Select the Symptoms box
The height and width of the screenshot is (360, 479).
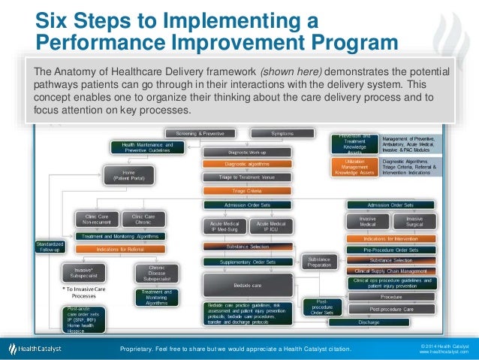click(x=282, y=133)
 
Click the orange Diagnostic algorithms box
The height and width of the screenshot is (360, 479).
click(x=236, y=164)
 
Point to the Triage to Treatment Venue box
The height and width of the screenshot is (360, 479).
click(x=236, y=177)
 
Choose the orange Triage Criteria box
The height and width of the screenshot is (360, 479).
click(x=236, y=191)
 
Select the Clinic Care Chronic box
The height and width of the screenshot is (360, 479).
click(x=138, y=219)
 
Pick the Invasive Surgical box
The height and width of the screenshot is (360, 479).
click(x=414, y=221)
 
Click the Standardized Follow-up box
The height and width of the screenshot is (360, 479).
click(x=50, y=247)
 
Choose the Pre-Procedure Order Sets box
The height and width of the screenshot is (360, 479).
click(x=390, y=249)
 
